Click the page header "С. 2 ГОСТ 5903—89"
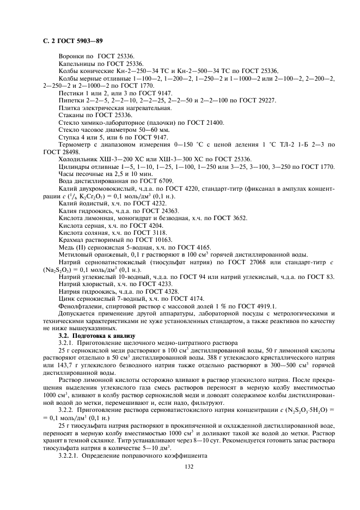[x=72, y=40]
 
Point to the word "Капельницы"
[x=76, y=64]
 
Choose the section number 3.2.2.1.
[x=71, y=456]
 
